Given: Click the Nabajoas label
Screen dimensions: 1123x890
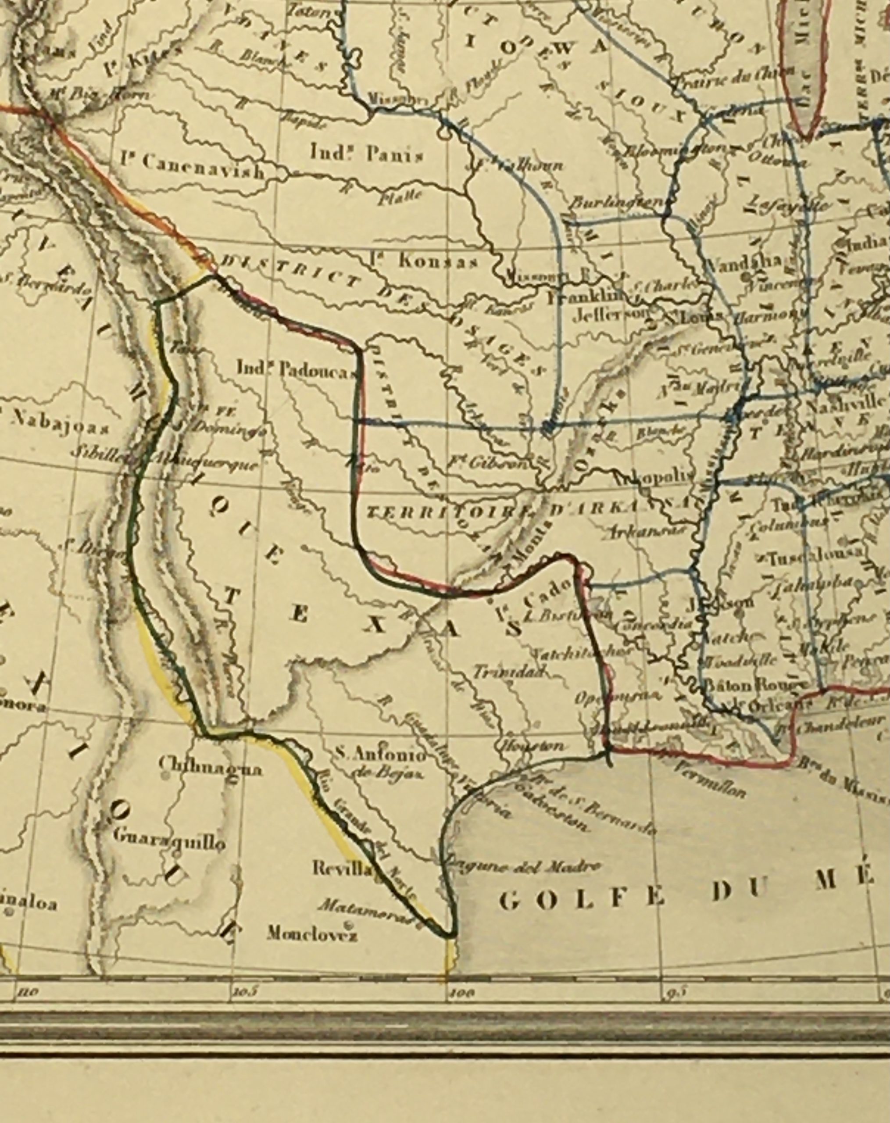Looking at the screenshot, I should [59, 428].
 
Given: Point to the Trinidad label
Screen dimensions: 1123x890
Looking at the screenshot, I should [508, 672].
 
